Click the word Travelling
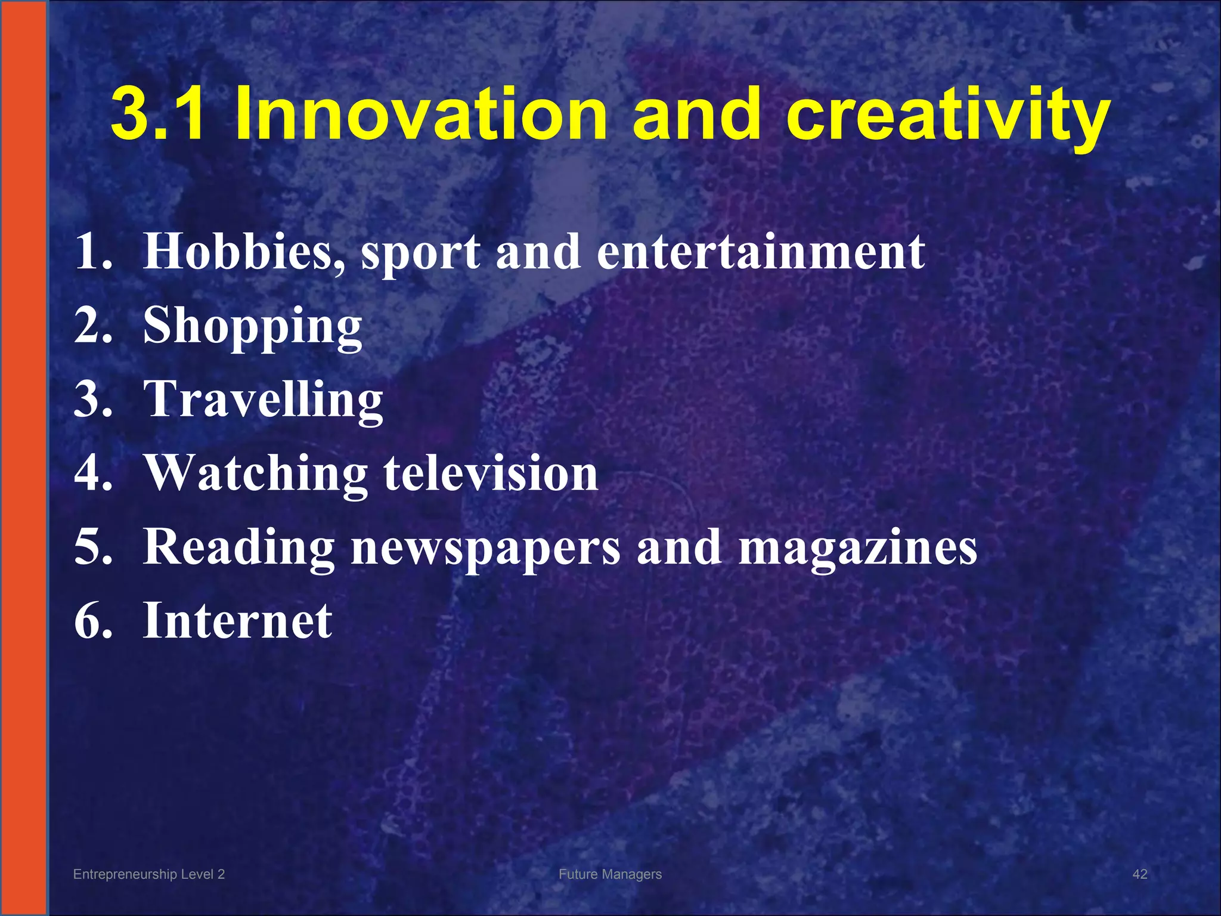tap(264, 400)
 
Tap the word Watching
tap(256, 474)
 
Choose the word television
tap(491, 474)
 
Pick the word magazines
tap(858, 547)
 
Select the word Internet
tap(237, 621)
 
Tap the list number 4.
tap(93, 474)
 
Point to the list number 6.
tap(93, 621)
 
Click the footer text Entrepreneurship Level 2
tap(149, 874)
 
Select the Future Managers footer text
tap(610, 874)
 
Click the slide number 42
tap(1139, 874)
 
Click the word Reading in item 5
tap(238, 547)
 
